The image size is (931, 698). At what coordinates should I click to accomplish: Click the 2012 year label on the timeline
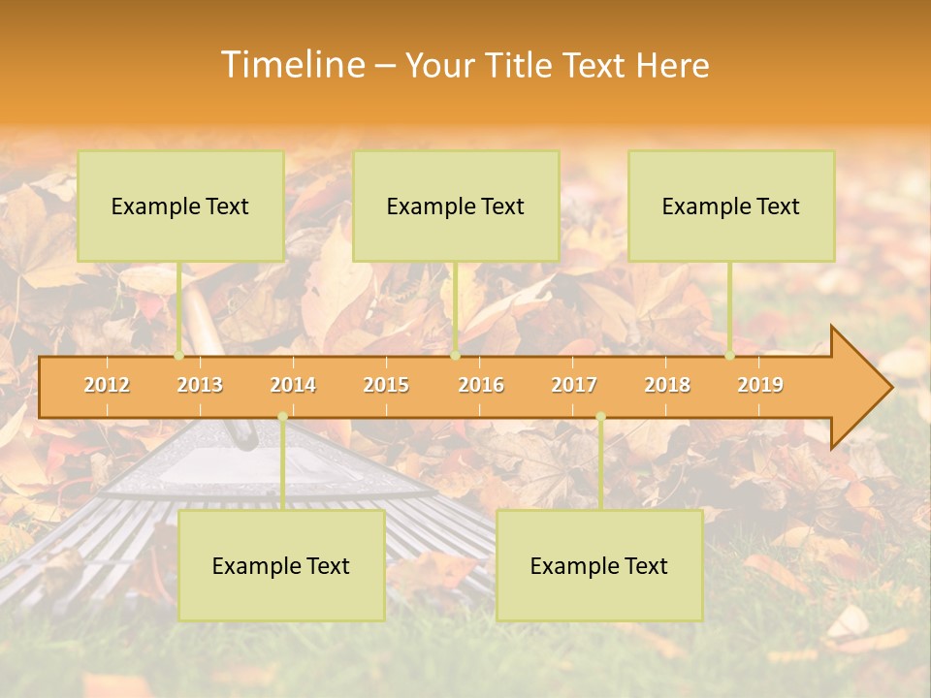[x=107, y=385]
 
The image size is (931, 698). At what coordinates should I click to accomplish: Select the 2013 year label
[x=200, y=385]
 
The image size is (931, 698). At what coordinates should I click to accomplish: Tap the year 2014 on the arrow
[x=293, y=385]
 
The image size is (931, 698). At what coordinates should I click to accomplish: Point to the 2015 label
[x=386, y=385]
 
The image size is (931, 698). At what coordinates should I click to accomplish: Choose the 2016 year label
[x=481, y=385]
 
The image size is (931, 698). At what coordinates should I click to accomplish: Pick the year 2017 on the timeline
[x=574, y=385]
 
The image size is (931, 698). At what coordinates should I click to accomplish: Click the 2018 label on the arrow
[x=667, y=385]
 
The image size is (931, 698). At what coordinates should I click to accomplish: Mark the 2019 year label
[x=760, y=385]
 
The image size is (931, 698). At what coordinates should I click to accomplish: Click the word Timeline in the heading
[x=291, y=65]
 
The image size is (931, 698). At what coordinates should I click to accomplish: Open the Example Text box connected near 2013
[x=180, y=206]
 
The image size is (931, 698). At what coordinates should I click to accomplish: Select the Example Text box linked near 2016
[x=456, y=206]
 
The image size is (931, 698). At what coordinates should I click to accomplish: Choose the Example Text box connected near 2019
[x=731, y=206]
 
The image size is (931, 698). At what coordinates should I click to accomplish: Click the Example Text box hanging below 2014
[x=281, y=565]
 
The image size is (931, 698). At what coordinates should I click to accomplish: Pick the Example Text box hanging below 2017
[x=599, y=565]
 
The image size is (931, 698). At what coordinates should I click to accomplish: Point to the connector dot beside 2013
[x=179, y=356]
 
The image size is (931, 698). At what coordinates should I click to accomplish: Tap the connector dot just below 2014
[x=282, y=417]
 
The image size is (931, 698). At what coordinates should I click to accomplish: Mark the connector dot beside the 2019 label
[x=730, y=356]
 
